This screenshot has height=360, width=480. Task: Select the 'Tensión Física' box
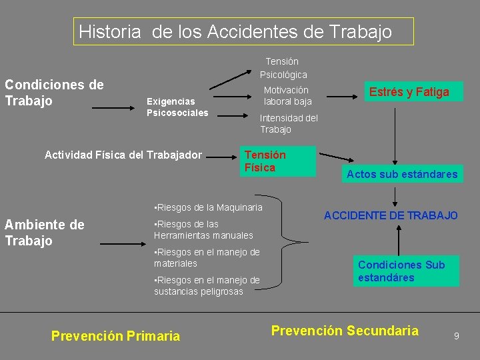(276, 161)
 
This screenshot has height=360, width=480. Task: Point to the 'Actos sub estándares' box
(401, 174)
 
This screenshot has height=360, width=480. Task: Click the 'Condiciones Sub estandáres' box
(405, 271)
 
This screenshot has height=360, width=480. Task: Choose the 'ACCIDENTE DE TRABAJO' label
(391, 215)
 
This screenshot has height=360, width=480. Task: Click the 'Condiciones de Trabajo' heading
(54, 93)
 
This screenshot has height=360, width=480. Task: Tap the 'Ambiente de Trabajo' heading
(45, 233)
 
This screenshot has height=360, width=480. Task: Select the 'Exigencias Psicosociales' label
(177, 107)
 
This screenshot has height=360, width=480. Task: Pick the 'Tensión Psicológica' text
(283, 68)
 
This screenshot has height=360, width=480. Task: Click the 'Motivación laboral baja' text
(287, 96)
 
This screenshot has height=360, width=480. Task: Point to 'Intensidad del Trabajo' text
(289, 123)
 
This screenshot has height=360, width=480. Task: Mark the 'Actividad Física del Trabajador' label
(123, 155)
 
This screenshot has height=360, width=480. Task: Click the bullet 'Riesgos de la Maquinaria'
(208, 207)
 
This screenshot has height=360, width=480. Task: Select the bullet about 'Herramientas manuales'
(203, 229)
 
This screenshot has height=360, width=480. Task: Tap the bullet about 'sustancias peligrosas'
(207, 285)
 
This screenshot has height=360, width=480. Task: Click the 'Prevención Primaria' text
(115, 336)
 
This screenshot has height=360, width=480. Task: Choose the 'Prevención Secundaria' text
(344, 331)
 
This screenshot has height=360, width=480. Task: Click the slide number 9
(456, 336)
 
